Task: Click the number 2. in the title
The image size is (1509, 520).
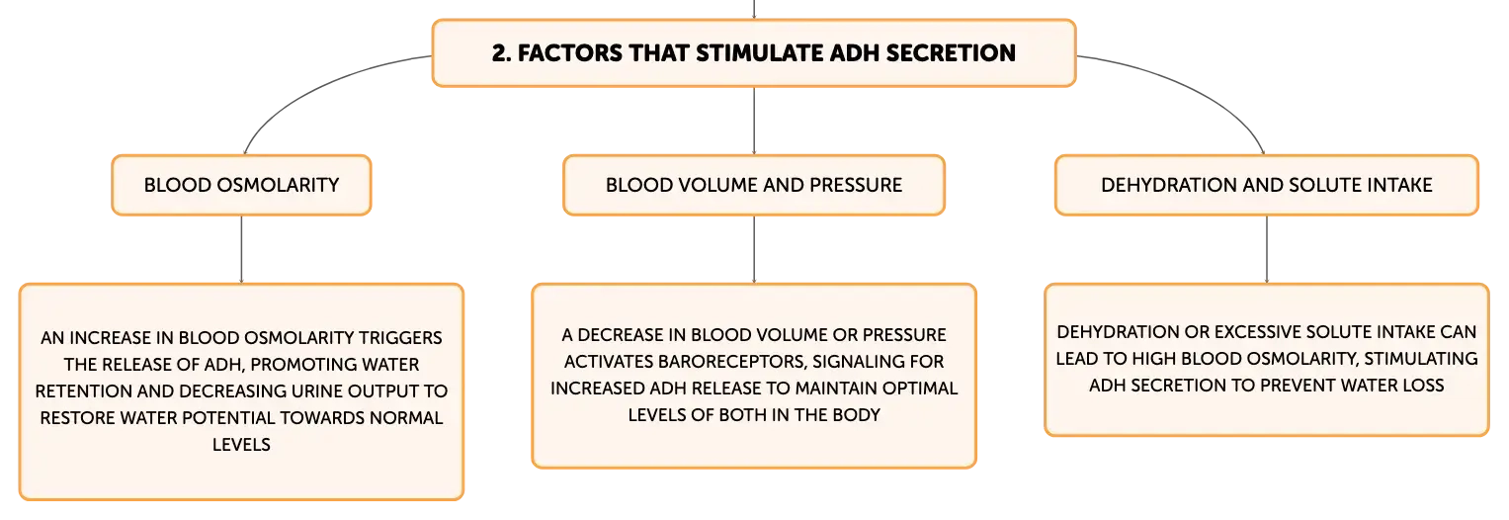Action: point(502,53)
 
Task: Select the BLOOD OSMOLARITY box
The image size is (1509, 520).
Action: point(241,185)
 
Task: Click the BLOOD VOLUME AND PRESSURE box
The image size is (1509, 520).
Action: point(754,185)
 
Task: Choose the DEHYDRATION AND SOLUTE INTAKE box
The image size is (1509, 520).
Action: point(1267,185)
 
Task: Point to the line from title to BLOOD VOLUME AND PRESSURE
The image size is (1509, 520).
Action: point(754,122)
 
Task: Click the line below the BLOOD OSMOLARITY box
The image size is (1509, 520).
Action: point(241,249)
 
